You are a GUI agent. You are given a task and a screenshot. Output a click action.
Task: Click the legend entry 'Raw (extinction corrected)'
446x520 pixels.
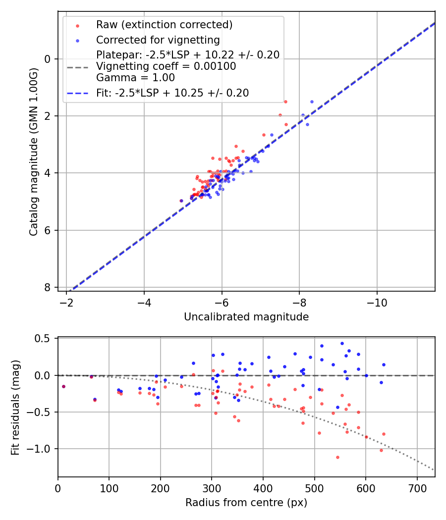click(x=164, y=25)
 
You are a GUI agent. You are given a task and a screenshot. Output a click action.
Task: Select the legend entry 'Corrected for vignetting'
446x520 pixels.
click(x=158, y=40)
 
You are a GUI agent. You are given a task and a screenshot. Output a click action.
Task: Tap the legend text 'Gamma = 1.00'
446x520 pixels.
click(x=135, y=78)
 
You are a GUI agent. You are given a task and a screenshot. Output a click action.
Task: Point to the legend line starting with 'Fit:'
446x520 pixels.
click(x=172, y=93)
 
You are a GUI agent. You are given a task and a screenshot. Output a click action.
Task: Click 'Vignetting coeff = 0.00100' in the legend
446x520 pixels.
click(x=166, y=66)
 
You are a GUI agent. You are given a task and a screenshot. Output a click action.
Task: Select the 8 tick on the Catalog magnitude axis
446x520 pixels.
click(x=48, y=287)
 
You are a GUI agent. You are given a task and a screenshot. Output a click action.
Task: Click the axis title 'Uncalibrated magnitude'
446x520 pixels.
click(x=246, y=317)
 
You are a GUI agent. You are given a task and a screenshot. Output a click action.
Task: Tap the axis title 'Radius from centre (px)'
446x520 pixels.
click(x=246, y=503)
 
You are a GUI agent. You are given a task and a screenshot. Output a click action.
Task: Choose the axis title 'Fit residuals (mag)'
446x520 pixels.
click(x=15, y=407)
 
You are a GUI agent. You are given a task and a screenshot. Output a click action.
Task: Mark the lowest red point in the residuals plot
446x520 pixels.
click(x=337, y=457)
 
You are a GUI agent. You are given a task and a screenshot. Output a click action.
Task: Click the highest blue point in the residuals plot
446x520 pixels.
click(x=342, y=343)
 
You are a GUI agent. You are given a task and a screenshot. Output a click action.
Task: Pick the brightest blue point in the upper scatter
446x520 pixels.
click(x=312, y=102)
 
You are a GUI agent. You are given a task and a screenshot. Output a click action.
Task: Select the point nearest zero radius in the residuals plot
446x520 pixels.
click(x=63, y=386)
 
